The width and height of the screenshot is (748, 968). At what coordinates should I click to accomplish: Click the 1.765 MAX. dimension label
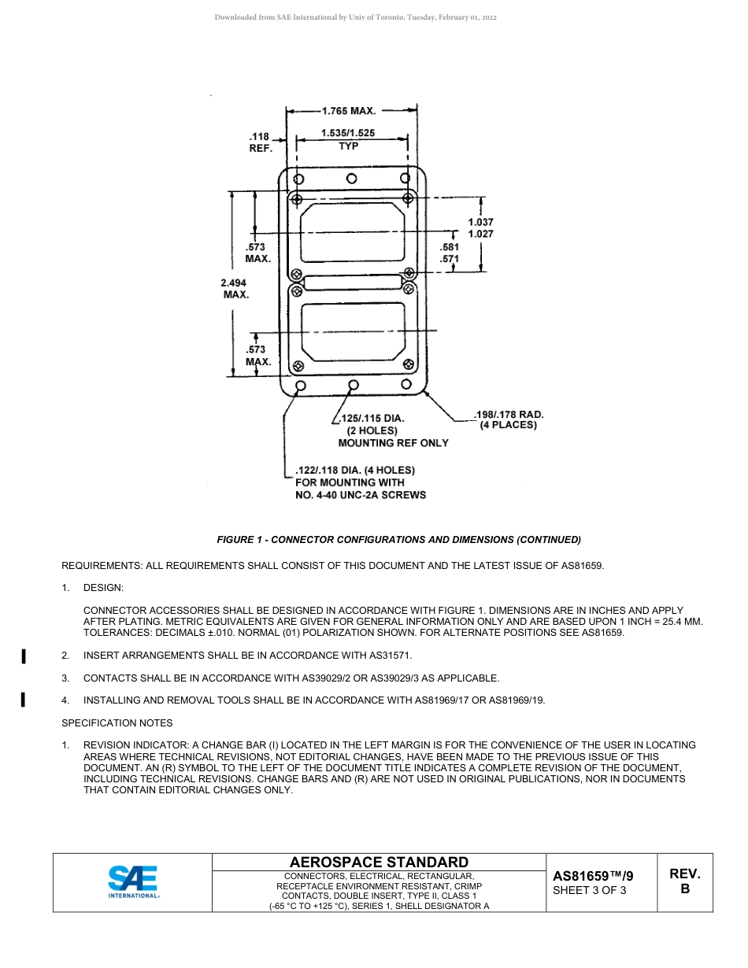349,111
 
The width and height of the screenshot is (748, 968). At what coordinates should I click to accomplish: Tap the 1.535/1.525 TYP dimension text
348,139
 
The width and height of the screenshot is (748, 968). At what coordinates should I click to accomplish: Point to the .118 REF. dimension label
260,142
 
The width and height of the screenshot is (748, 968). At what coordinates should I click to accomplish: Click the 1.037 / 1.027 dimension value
480,228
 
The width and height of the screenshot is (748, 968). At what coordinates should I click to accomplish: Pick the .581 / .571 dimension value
449,253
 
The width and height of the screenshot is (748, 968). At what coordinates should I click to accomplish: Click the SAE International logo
133,881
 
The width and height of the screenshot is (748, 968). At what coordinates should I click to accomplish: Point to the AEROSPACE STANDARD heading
379,863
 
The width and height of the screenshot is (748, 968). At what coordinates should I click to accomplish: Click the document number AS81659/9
593,876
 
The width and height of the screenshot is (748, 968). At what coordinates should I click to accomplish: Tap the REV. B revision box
684,881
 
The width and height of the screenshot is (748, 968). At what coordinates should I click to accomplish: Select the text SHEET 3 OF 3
590,891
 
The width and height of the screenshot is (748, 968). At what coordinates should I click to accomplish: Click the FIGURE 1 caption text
398,540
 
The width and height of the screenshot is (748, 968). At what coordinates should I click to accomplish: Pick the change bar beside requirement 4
24,700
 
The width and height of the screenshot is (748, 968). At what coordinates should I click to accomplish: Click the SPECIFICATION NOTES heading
117,723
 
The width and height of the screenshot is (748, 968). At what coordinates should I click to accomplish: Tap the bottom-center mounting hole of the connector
354,385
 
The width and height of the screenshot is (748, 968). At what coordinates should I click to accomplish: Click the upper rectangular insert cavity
353,232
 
